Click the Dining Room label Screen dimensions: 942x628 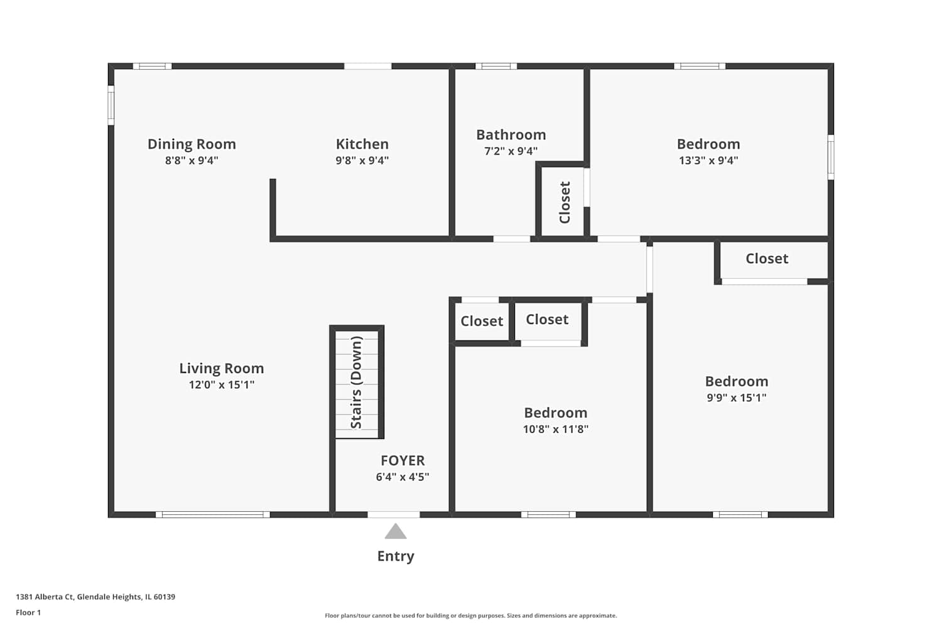(192, 144)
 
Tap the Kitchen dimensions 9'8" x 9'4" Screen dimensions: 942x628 (362, 160)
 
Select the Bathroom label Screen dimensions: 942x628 (511, 134)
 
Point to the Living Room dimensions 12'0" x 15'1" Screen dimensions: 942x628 (222, 384)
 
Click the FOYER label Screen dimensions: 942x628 (403, 460)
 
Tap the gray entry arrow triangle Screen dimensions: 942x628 (395, 532)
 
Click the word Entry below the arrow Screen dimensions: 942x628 (396, 556)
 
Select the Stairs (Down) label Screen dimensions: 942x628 (356, 382)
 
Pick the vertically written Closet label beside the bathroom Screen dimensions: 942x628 (565, 202)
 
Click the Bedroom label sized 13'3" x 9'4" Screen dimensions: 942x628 (708, 144)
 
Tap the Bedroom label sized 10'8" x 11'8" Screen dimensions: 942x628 (556, 413)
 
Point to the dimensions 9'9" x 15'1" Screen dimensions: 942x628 (737, 398)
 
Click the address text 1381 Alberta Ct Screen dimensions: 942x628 (45, 597)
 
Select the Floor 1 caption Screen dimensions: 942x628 (28, 612)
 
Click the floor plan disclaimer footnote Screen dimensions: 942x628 (470, 615)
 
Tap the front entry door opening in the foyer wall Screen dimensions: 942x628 (394, 514)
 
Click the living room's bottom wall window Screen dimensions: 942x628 (213, 514)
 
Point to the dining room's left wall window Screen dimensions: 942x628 (111, 105)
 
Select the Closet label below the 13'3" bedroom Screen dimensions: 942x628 (767, 258)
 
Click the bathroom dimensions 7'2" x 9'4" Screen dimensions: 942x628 (511, 151)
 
